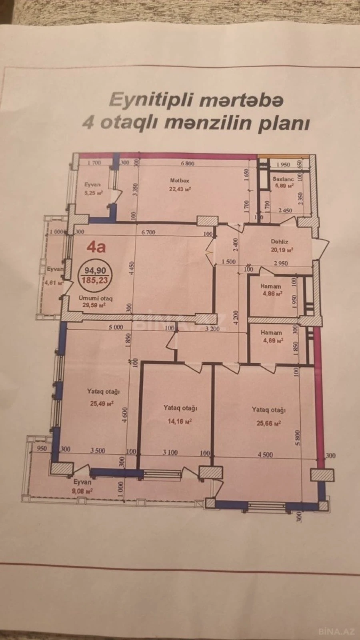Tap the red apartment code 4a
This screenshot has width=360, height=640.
(96, 247)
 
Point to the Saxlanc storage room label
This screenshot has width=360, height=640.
(283, 179)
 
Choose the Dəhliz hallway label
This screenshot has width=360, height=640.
(279, 242)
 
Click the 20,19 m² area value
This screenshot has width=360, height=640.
(282, 250)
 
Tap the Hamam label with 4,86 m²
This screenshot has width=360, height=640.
(271, 286)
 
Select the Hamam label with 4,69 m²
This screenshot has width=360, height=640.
(271, 332)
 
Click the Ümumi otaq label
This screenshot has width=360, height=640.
(96, 298)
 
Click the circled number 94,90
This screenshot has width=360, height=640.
(95, 271)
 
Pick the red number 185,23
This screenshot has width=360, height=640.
(95, 280)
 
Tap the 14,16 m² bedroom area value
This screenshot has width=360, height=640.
(180, 421)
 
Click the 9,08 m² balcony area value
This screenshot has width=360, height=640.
(83, 490)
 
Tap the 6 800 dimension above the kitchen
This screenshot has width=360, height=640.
(187, 163)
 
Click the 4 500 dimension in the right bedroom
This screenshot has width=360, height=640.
(265, 454)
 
